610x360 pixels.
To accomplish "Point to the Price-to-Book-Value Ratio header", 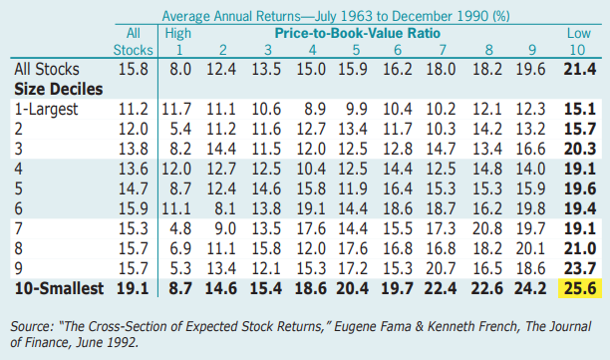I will [358, 33].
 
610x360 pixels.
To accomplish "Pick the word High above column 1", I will [177, 33].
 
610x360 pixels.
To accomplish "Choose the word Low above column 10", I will [575, 33].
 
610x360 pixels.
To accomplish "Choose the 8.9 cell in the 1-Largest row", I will [312, 108].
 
